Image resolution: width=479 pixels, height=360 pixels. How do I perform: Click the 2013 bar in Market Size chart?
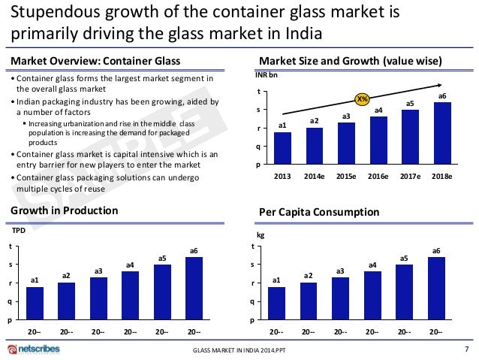tap(282, 147)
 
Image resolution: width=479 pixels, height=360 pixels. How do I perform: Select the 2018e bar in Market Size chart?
tap(442, 132)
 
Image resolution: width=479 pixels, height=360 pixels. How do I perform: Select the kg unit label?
tap(260, 234)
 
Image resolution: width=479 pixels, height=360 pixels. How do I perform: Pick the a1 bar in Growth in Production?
tap(35, 303)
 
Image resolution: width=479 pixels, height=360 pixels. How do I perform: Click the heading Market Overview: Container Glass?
tap(93, 61)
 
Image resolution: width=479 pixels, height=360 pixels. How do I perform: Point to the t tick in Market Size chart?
tap(260, 92)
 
